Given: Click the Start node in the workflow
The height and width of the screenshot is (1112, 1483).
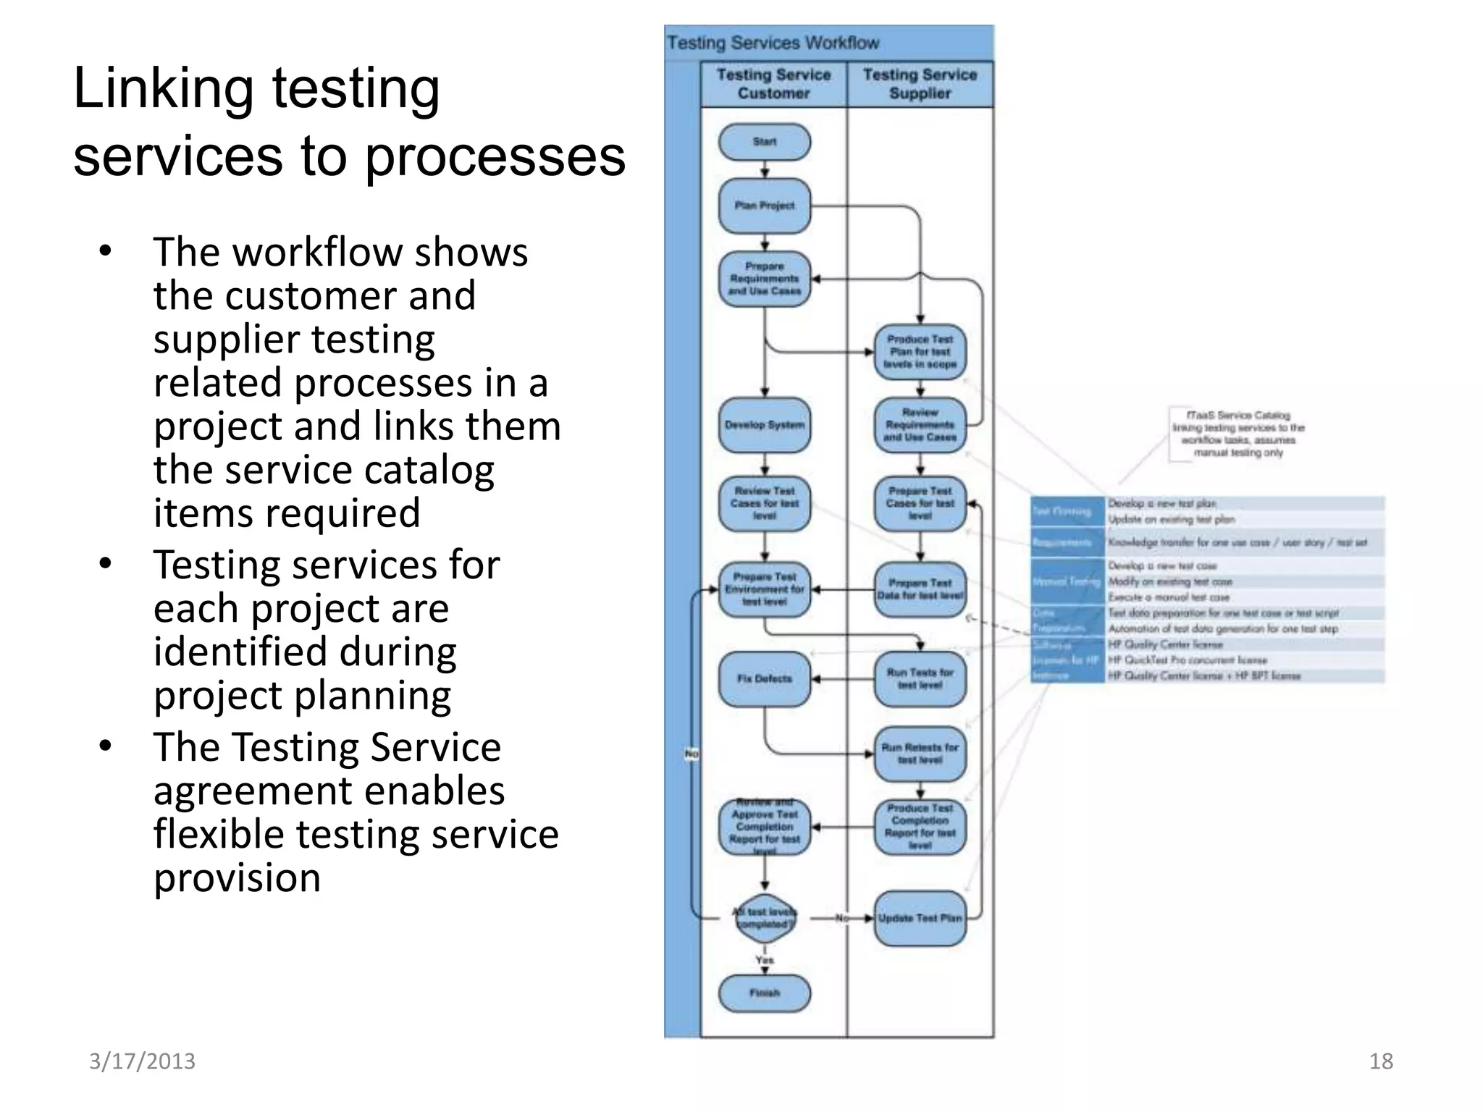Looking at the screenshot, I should [764, 142].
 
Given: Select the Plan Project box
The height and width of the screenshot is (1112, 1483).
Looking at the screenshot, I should [764, 206].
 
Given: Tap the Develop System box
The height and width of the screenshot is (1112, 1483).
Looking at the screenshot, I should [764, 425].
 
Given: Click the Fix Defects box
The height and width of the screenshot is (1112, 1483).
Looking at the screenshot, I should [764, 679].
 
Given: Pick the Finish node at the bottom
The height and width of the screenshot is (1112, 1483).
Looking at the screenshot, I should [764, 993].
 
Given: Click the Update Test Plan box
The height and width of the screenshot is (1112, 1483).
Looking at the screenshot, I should [920, 918].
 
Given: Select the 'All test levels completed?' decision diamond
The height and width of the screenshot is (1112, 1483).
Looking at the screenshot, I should [764, 918].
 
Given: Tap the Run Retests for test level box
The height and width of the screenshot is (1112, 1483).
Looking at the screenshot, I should [920, 754].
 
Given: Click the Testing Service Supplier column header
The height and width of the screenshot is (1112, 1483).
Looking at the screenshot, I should [920, 84].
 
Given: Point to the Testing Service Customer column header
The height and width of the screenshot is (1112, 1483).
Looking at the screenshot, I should [773, 84].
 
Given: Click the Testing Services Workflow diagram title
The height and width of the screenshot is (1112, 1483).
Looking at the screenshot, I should [773, 43].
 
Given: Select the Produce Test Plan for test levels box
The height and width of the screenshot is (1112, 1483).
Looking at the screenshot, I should [920, 352].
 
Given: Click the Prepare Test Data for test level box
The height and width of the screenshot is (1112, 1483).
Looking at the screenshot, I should [920, 589].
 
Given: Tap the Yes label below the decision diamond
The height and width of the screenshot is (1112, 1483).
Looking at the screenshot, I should [764, 960].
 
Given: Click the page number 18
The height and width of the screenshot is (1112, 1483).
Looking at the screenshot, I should [1380, 1061].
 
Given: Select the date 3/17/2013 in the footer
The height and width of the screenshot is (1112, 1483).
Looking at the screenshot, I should [142, 1061].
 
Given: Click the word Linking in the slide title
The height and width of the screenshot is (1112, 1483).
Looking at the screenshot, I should [168, 88].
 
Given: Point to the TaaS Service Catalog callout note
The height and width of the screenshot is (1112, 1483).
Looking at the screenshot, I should [1238, 434].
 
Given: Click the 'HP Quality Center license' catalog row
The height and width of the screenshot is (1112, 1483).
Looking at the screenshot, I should [1165, 644].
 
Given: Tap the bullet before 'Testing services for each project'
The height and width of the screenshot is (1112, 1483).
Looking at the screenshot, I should [106, 563].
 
